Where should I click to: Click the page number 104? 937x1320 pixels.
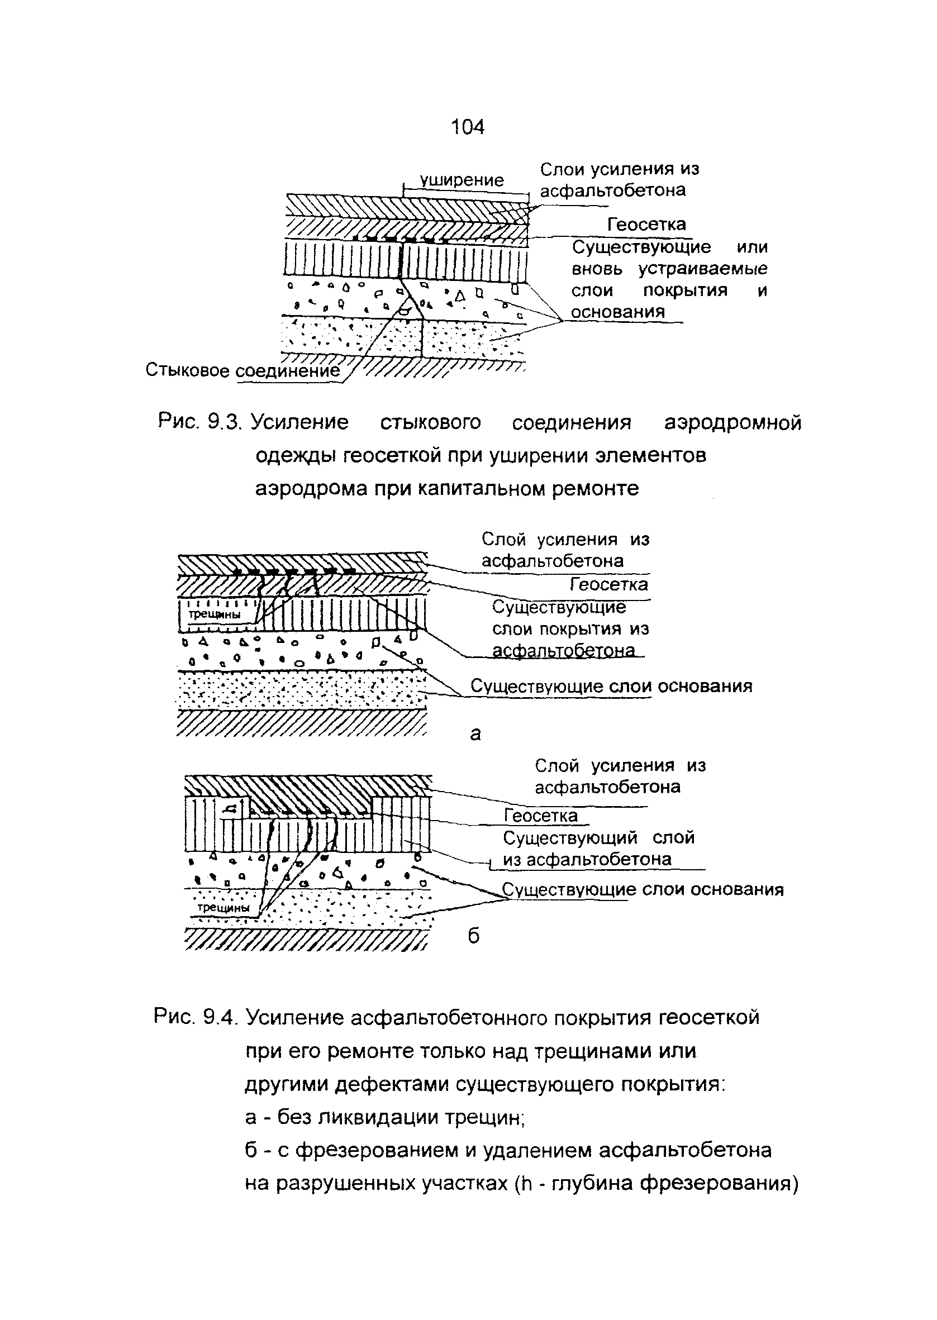coord(467,126)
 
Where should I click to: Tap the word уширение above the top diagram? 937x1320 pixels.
coord(462,180)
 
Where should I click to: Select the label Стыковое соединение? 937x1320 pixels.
coord(243,370)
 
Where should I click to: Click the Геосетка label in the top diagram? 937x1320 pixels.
coord(646,224)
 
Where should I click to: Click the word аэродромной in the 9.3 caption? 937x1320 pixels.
coord(733,423)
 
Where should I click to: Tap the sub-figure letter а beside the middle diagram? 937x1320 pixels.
coord(475,733)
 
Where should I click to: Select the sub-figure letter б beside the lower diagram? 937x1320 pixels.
coord(473,936)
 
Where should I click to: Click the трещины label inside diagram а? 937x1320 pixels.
coord(215,614)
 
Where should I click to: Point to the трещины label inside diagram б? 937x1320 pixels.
coord(224,907)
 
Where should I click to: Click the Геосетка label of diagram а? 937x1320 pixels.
coord(608,585)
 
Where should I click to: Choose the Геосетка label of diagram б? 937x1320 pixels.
coord(541,816)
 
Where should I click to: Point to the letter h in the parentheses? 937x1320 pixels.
coord(525,1183)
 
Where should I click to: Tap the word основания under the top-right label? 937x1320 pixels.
coord(618,312)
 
